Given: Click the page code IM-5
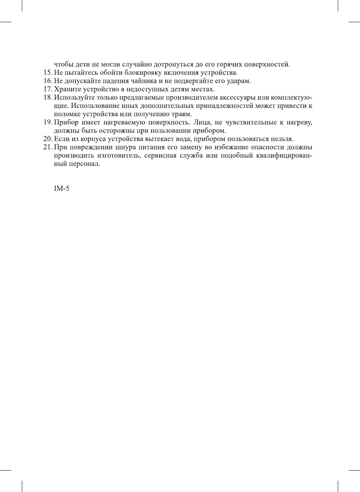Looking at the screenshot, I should [61, 189].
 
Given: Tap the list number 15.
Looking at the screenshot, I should [47, 73].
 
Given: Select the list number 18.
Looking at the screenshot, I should [47, 97].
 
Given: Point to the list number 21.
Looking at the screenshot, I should [47, 147].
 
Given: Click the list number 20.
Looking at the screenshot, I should [47, 139].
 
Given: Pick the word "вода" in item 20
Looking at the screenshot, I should [183, 139].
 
